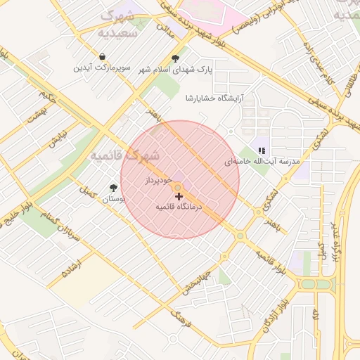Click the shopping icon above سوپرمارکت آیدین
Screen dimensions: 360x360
tap(103, 57)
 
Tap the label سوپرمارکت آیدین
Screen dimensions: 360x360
tap(103, 68)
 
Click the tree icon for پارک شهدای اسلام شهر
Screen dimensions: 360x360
tap(175, 58)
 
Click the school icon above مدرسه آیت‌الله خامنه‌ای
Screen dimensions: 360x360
tap(262, 150)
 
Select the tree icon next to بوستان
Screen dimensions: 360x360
tap(113, 188)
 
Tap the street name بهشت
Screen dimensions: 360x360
tap(35, 115)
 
